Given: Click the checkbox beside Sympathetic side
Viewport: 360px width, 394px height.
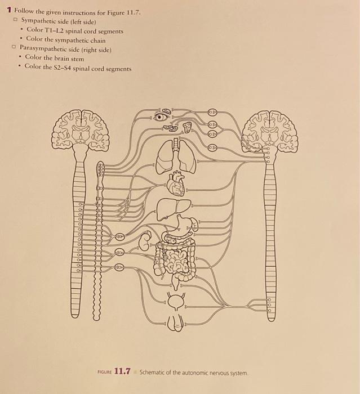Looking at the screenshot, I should (16, 20).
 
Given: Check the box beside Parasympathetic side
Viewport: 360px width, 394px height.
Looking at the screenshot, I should (13, 49).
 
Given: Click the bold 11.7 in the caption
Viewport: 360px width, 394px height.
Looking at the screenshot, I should (122, 371).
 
